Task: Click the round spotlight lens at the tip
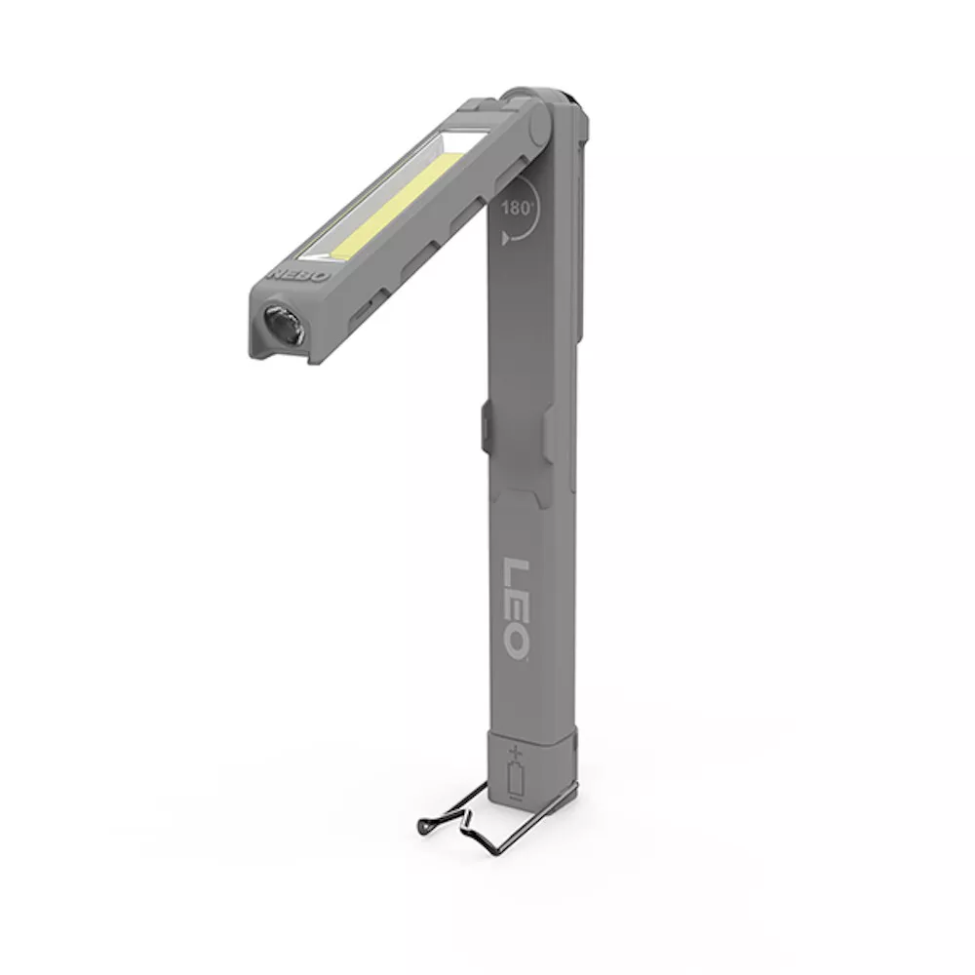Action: pyautogui.click(x=283, y=324)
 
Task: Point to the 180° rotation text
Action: pyautogui.click(x=518, y=208)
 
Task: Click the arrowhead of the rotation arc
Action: pyautogui.click(x=505, y=237)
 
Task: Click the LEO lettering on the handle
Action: pyautogui.click(x=516, y=608)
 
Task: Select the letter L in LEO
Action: pyautogui.click(x=516, y=572)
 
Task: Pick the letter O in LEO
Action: pyautogui.click(x=517, y=642)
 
